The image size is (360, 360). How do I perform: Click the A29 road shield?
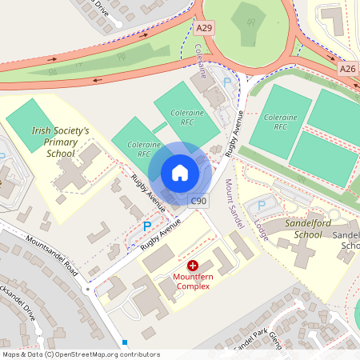[205, 28]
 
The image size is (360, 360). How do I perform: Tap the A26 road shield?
[347, 69]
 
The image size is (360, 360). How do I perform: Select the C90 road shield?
[199, 201]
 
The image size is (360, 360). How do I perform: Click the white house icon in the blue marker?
[180, 172]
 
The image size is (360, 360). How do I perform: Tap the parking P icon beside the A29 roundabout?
[226, 82]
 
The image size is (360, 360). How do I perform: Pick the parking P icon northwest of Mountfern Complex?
[146, 227]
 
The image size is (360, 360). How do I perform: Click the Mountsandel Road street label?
[51, 253]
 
